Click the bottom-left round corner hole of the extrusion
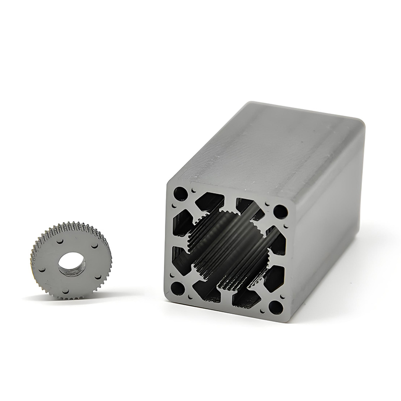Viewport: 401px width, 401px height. tap(177, 288)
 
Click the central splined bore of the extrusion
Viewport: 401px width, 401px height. tap(228, 251)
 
